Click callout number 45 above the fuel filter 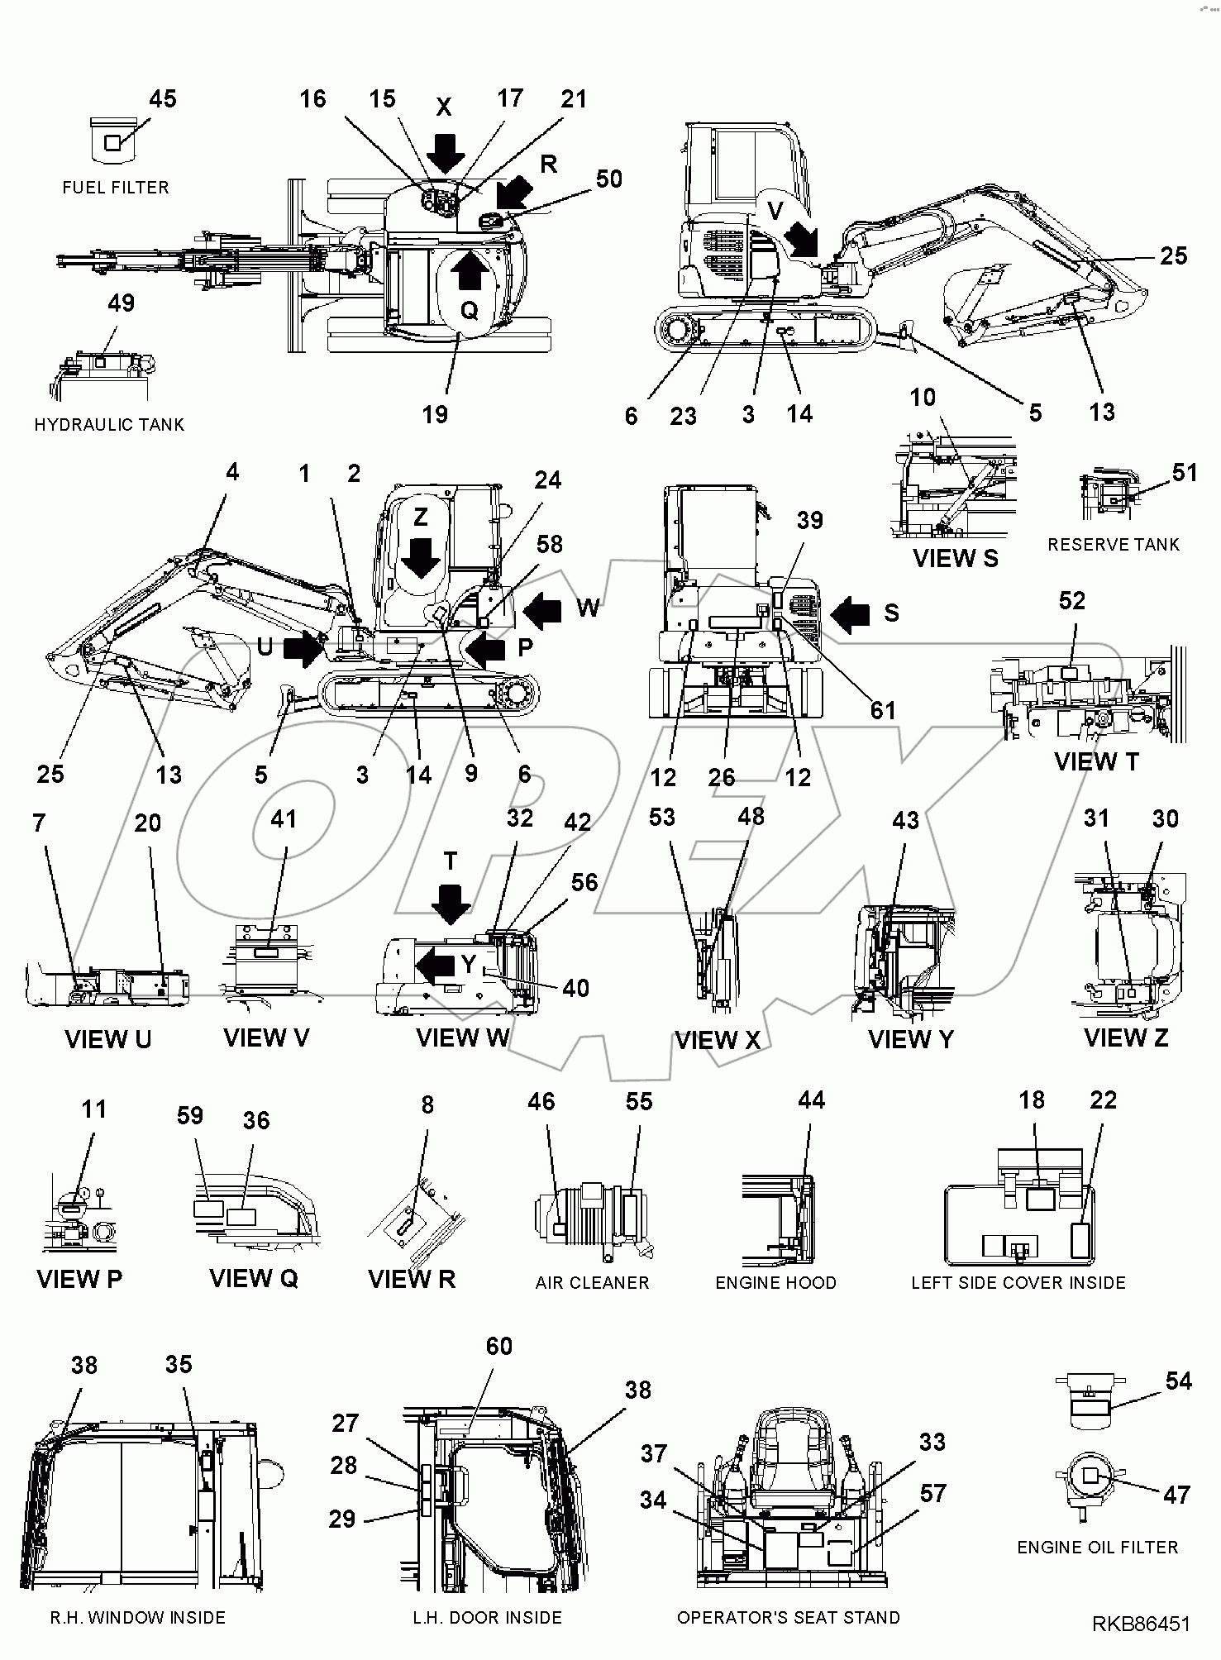163,99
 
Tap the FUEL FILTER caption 116,188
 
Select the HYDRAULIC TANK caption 109,425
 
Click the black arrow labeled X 446,151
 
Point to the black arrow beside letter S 851,614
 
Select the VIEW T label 1096,761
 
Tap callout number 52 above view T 1071,601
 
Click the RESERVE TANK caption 1114,545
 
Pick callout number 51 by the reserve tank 1185,472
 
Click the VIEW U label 108,1039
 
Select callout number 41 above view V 284,819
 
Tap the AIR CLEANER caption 592,1283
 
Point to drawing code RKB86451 1142,1624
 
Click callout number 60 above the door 498,1347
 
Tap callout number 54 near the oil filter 1178,1381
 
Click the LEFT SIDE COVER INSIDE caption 1018,1283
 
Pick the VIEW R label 412,1280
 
